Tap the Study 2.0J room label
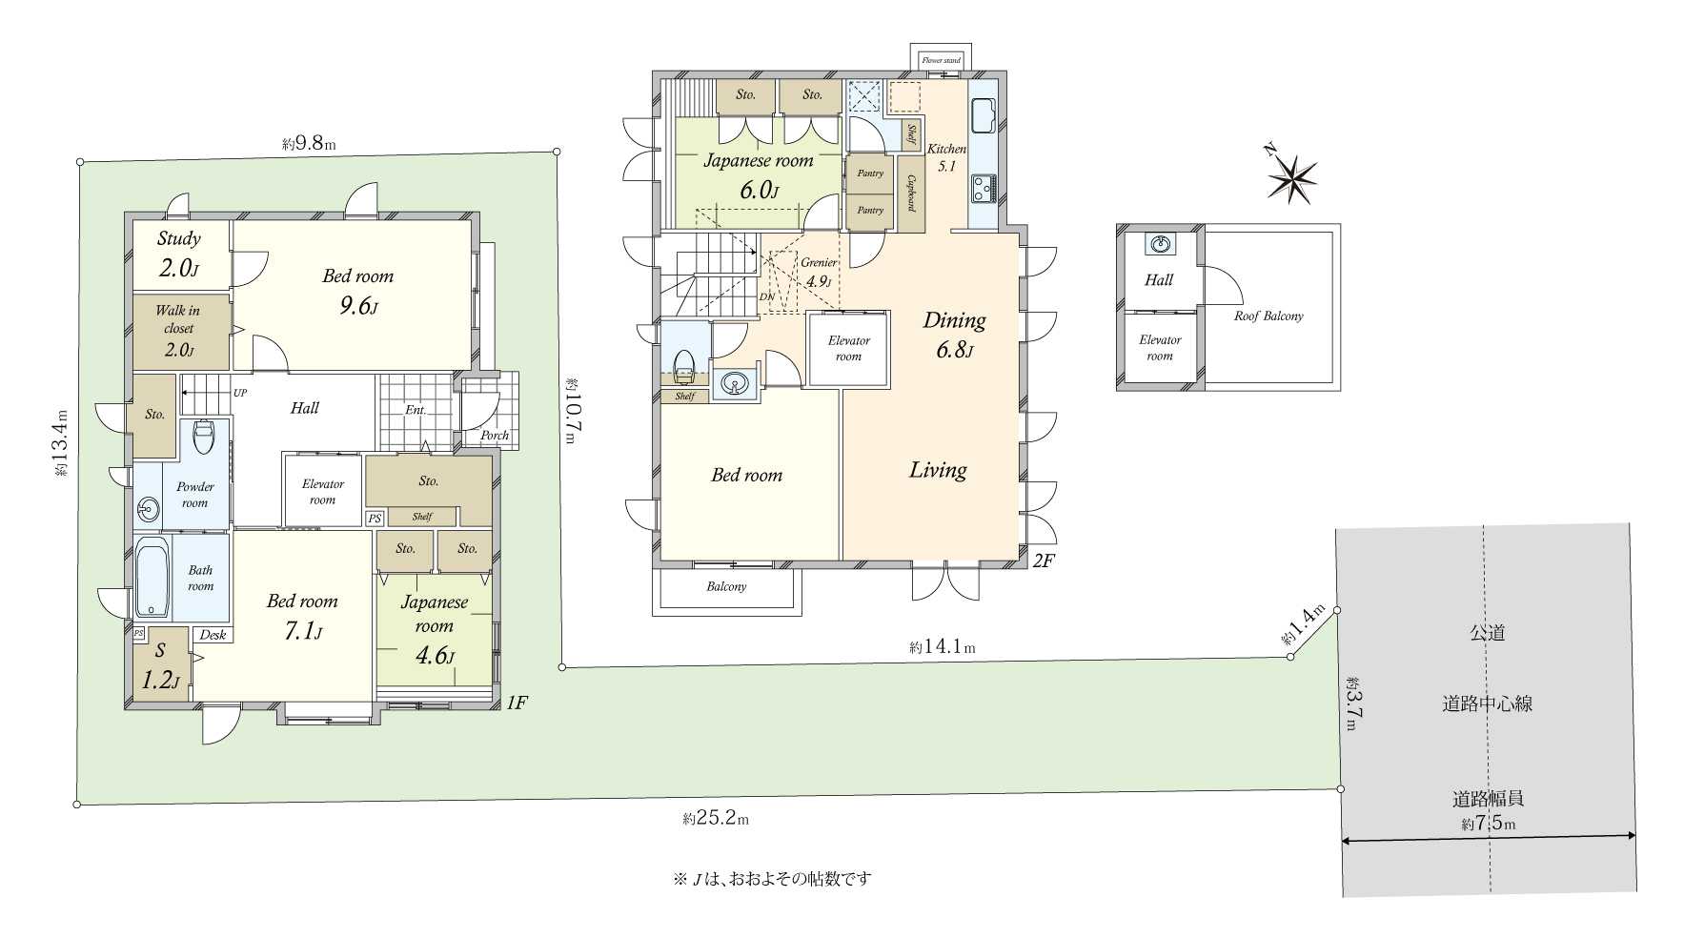point(179,254)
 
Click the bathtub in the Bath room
point(152,578)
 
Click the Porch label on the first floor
point(495,436)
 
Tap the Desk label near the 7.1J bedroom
point(213,635)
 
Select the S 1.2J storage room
point(160,665)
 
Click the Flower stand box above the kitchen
point(941,59)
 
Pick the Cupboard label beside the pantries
point(912,194)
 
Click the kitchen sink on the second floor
point(984,117)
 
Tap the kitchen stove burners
point(984,188)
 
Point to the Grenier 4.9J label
point(819,272)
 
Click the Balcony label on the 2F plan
point(726,587)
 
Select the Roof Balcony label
point(1268,316)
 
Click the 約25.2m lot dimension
point(716,819)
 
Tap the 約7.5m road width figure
point(1488,824)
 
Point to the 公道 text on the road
point(1487,633)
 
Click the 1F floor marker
point(516,703)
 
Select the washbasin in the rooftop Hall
point(1160,245)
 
